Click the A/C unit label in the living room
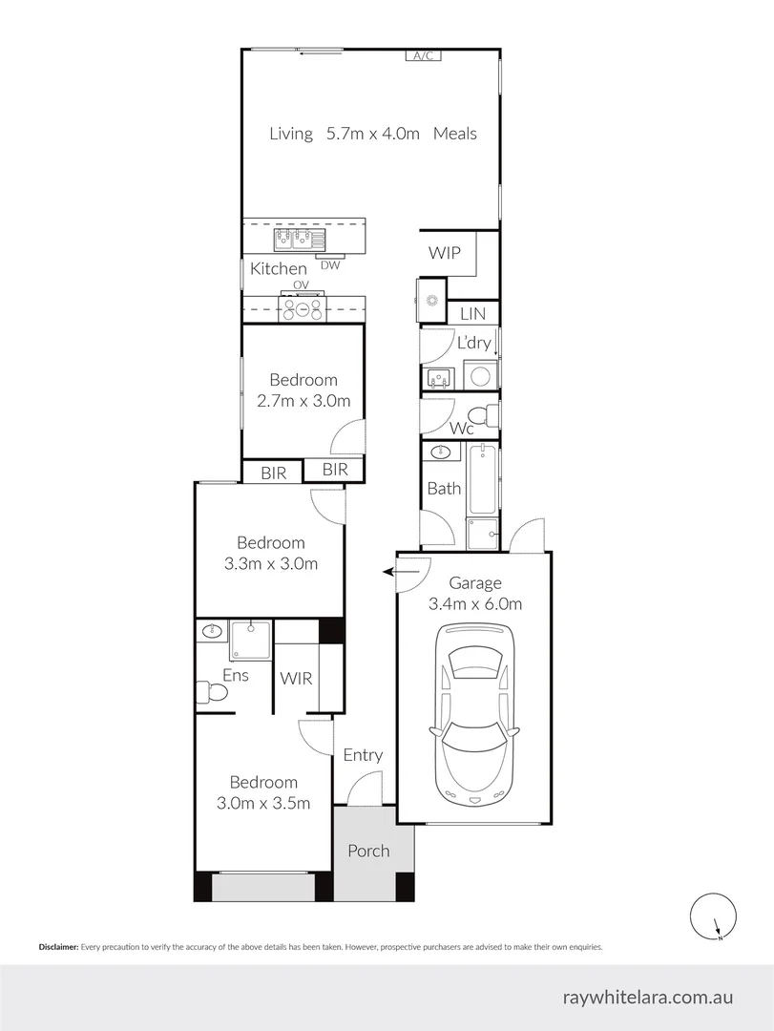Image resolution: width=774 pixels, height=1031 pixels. point(423,56)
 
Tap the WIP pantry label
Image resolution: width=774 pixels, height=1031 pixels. point(444,253)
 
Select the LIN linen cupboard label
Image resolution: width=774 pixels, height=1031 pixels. point(472,313)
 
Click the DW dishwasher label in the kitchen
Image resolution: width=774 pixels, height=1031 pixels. point(330,265)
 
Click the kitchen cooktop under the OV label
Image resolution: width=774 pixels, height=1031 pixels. point(302,307)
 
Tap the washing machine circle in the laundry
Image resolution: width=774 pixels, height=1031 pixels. point(481,373)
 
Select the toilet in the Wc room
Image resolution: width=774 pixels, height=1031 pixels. point(491,416)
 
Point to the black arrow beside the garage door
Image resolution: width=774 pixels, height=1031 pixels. point(389,572)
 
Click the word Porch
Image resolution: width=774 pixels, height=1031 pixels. point(368,851)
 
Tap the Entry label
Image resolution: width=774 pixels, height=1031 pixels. point(363,755)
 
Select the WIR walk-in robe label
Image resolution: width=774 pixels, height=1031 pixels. point(296,679)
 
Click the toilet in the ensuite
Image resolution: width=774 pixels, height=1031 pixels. point(211,692)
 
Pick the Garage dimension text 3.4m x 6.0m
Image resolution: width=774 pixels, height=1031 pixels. point(475,603)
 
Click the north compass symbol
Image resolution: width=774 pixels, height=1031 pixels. point(712,917)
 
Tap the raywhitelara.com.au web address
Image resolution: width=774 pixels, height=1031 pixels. point(647,997)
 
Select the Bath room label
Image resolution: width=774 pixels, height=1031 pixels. point(444,489)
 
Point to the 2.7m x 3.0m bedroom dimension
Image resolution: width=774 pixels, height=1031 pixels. point(303,401)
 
